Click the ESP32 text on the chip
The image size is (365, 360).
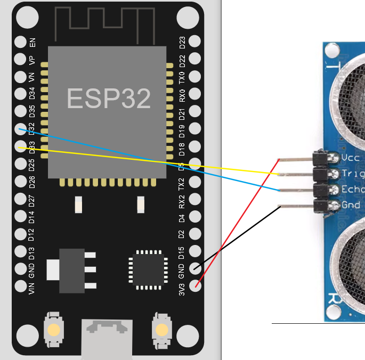(109, 99)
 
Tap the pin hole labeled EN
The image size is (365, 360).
(21, 42)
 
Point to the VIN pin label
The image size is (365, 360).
(32, 288)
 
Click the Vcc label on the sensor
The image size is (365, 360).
(350, 158)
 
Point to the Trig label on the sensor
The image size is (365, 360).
(352, 174)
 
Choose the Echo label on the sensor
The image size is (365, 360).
(352, 190)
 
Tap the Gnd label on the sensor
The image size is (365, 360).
(351, 205)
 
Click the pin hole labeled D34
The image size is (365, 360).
(21, 94)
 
